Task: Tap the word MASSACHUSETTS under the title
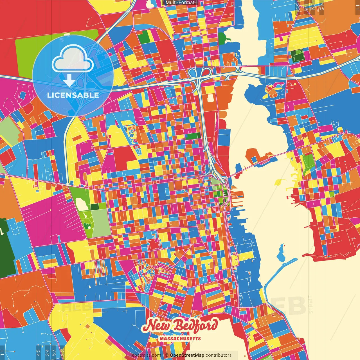180,338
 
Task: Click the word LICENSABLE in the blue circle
73,95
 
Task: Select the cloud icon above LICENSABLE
73,60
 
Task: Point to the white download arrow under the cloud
69,80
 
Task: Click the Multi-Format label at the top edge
180,3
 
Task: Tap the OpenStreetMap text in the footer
187,355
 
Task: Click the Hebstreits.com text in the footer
145,355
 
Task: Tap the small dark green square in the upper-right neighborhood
298,56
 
